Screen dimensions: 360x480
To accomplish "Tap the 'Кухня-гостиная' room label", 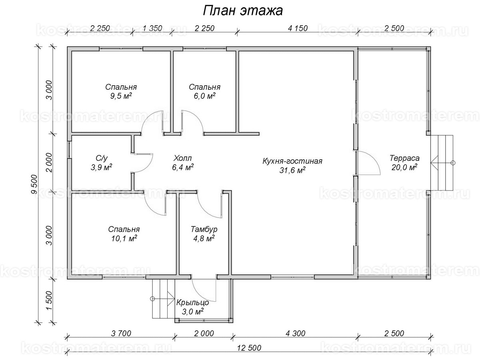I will [292, 161].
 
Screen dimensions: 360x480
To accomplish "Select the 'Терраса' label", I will [404, 158].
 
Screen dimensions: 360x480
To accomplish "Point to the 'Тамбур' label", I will [204, 230].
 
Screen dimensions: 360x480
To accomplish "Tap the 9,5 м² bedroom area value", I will [121, 96].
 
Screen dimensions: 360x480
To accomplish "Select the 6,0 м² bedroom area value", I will [204, 96].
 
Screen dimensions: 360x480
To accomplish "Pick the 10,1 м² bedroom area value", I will [124, 238].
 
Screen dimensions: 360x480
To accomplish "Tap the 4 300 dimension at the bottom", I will [295, 333].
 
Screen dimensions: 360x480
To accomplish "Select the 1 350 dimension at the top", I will [152, 28].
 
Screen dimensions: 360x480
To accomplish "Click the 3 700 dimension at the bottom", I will [120, 333].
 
